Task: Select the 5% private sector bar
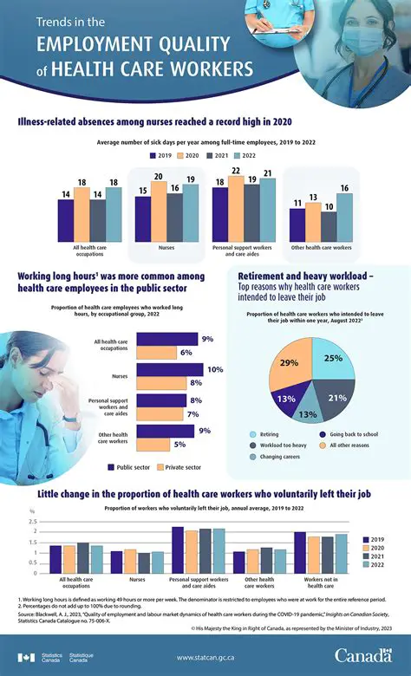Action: pyautogui.click(x=158, y=445)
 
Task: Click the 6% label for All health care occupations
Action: pyautogui.click(x=186, y=353)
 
